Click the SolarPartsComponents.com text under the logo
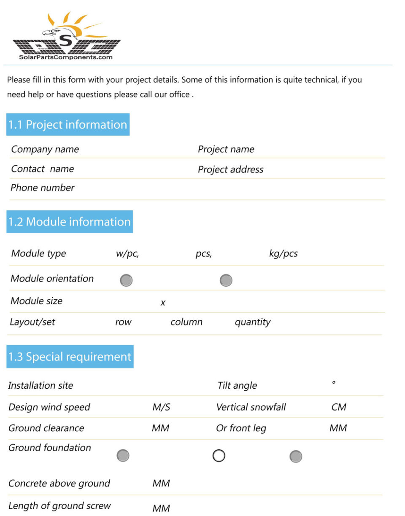click(x=66, y=57)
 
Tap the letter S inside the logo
click(x=65, y=40)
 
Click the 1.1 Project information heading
click(x=68, y=124)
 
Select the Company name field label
click(x=45, y=149)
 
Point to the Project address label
click(x=230, y=169)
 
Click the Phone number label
click(x=42, y=188)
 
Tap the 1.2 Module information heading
click(x=70, y=222)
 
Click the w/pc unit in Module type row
click(x=127, y=254)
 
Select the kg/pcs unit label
click(x=283, y=254)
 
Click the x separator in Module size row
click(x=163, y=303)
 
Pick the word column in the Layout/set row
click(x=186, y=322)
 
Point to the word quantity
click(x=252, y=322)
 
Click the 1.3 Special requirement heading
click(x=70, y=357)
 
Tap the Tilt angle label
click(x=237, y=385)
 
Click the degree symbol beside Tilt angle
click(x=334, y=383)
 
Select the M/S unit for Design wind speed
click(x=161, y=407)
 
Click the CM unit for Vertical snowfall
click(x=339, y=407)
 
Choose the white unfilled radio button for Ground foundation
click(x=219, y=456)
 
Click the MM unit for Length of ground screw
click(x=161, y=508)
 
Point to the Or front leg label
click(x=241, y=428)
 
